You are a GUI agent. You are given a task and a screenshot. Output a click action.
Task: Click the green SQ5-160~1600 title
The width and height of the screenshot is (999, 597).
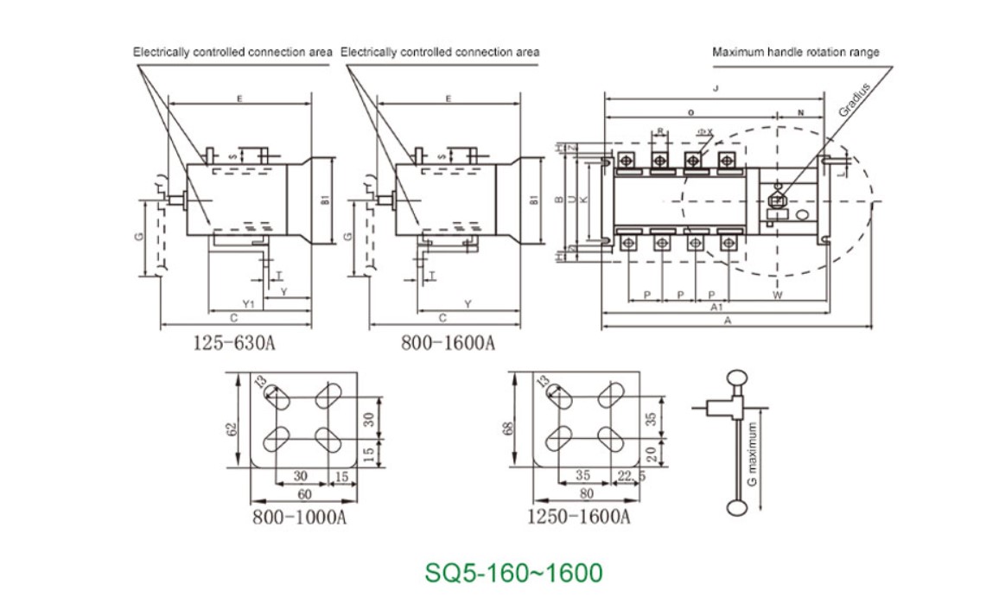tap(513, 572)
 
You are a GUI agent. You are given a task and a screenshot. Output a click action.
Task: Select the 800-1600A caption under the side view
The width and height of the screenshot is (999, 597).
tap(448, 343)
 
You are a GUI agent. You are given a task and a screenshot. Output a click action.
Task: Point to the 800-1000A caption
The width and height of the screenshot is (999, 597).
tap(300, 518)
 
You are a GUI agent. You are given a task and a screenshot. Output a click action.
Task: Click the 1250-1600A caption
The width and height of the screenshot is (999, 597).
tap(579, 518)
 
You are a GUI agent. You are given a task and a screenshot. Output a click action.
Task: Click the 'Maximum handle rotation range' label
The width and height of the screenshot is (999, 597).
tap(795, 52)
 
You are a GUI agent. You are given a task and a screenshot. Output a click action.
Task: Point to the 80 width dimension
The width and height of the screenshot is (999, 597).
tap(588, 494)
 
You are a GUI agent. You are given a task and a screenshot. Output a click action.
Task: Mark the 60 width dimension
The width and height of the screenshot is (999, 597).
tap(304, 494)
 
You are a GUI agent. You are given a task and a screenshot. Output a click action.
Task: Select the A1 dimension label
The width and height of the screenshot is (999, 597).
tap(716, 308)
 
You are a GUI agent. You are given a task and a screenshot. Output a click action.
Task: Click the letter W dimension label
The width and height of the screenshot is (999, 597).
tap(777, 295)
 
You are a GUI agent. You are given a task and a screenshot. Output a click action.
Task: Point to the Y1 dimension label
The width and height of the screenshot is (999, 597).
tap(247, 304)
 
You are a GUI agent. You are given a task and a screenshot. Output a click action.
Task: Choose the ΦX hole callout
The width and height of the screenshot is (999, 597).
tap(704, 132)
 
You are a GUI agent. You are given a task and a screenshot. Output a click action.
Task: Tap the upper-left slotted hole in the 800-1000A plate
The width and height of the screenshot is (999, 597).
tap(277, 397)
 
